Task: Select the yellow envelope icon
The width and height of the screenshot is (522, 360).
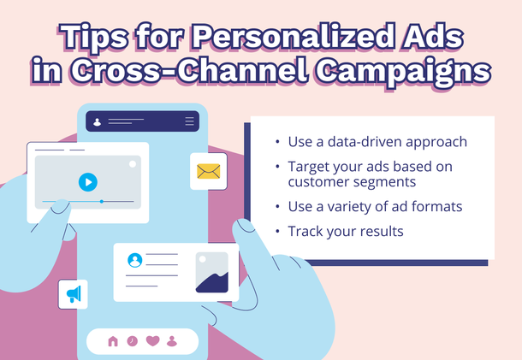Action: point(208,171)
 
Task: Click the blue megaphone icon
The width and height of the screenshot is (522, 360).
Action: point(74,294)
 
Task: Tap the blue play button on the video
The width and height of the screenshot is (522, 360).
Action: point(87,182)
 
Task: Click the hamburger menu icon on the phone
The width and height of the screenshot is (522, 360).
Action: point(189,121)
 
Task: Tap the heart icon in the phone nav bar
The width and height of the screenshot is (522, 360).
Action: point(152,341)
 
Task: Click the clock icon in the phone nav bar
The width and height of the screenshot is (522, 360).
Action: point(133,341)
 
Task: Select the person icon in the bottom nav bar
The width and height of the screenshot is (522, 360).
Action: point(172,341)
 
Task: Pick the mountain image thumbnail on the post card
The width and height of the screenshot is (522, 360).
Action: point(211,273)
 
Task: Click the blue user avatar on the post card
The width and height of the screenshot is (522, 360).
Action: point(134,260)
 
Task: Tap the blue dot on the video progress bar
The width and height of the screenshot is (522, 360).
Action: point(102,202)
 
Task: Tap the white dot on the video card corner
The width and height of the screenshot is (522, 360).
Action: point(132,163)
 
